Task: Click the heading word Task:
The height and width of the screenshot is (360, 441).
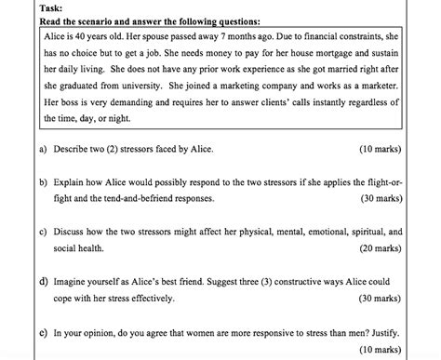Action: [52, 7]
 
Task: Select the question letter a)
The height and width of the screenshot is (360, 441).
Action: [43, 148]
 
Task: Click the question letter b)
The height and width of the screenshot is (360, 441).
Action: [43, 182]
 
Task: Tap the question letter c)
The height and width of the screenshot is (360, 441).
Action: [43, 232]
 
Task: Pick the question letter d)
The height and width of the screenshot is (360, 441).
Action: [43, 280]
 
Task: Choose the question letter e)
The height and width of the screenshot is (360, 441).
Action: [43, 330]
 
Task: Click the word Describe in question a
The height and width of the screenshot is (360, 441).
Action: [73, 148]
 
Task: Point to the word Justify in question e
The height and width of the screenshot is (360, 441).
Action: [382, 330]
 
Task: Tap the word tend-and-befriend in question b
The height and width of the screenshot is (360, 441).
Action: [152, 198]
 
